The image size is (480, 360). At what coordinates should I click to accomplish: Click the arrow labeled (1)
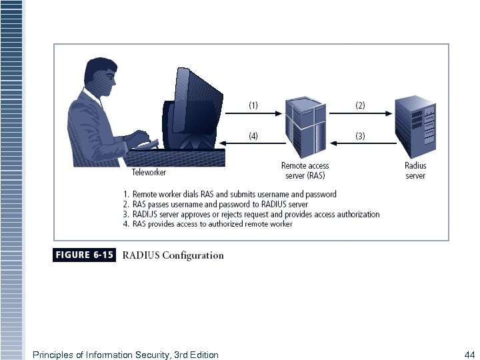[x=253, y=114]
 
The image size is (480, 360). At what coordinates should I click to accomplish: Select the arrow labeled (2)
[x=360, y=114]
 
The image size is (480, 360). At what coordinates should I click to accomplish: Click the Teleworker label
[x=149, y=173]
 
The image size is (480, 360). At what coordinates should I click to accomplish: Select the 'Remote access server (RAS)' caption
[x=305, y=171]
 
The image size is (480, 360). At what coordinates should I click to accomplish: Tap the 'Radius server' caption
[x=415, y=171]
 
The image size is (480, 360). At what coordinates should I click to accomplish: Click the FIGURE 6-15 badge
[x=84, y=255]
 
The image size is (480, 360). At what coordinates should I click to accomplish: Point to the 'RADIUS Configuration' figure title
[x=173, y=255]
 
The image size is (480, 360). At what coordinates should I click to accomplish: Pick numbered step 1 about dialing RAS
[x=229, y=194]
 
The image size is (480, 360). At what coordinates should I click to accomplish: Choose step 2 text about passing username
[x=215, y=204]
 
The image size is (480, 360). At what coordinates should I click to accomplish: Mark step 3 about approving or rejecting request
[x=251, y=214]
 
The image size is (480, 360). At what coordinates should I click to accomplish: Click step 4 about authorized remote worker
[x=207, y=224]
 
